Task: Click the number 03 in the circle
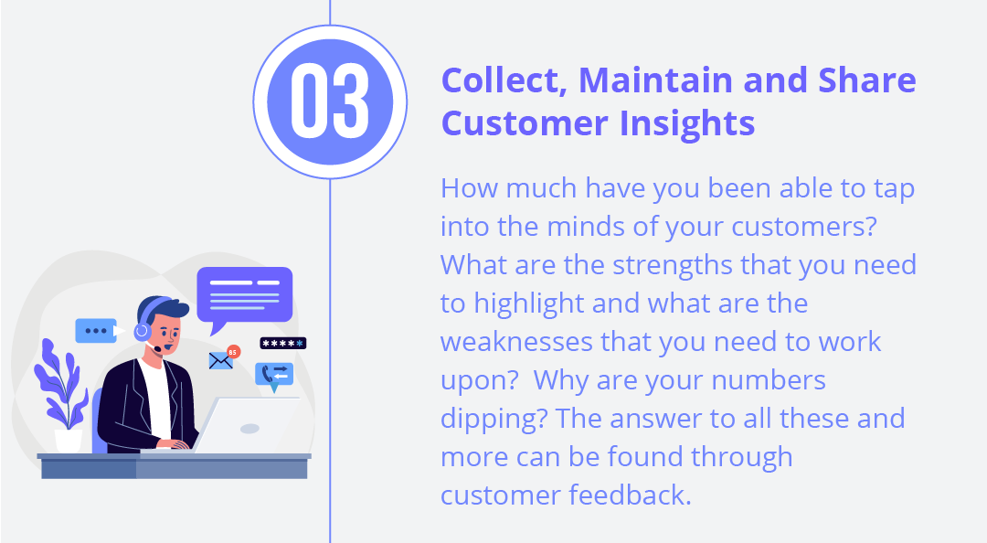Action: click(x=330, y=101)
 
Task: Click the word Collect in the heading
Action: click(x=504, y=81)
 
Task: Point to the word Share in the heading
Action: click(x=866, y=80)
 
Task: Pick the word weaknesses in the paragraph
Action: click(x=516, y=342)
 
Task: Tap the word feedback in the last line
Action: click(x=630, y=495)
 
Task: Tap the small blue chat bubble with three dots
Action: click(x=100, y=331)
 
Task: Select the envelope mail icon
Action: click(x=220, y=361)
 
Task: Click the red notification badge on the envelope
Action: click(x=234, y=352)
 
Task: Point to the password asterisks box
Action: click(x=282, y=344)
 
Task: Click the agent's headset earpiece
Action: click(x=143, y=331)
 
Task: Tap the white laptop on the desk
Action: click(x=249, y=424)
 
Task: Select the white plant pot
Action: click(x=69, y=441)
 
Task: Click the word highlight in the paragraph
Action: click(x=529, y=304)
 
